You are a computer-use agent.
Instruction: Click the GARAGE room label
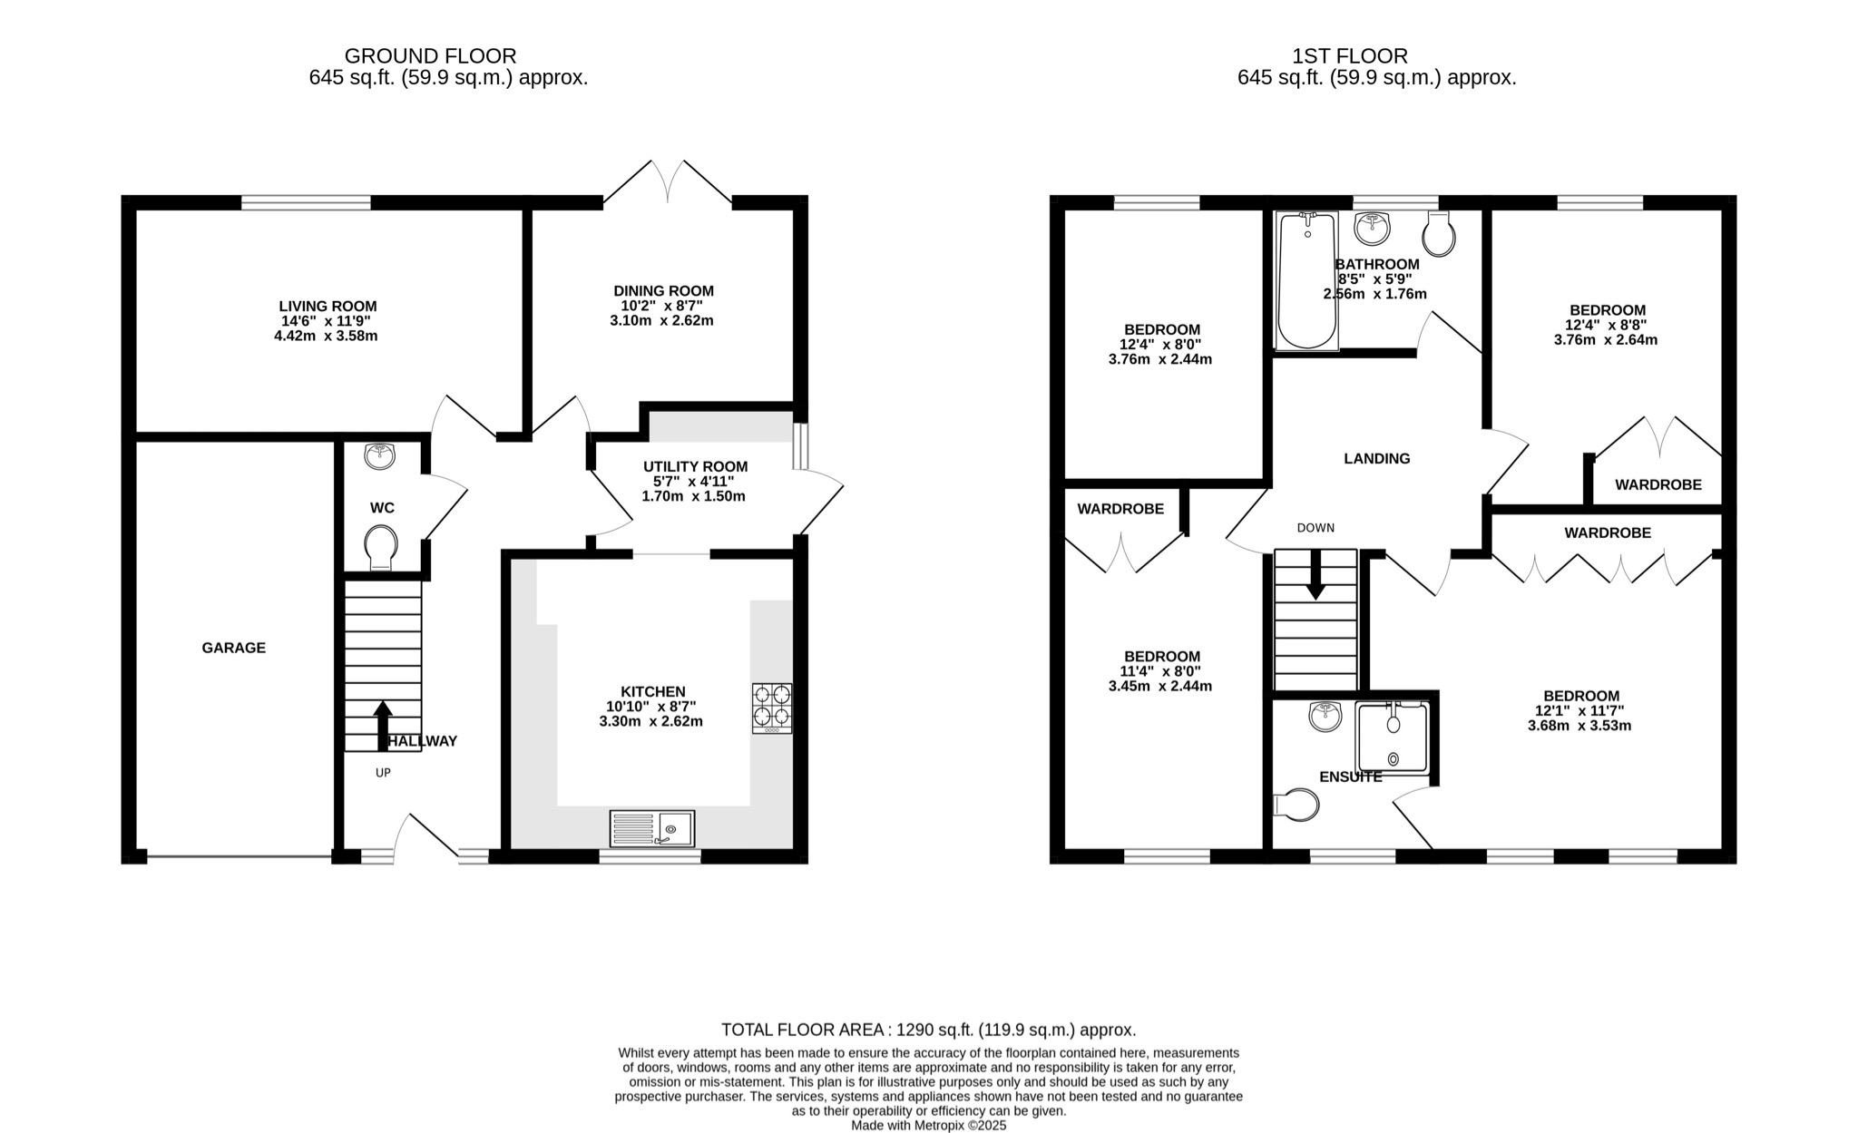233,648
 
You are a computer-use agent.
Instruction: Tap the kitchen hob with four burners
771,708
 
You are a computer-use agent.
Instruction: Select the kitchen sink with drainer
652,828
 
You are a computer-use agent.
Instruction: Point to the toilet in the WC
381,549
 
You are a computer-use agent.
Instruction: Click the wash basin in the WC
379,456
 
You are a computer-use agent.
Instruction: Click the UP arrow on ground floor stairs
383,726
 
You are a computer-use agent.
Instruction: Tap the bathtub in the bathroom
1306,281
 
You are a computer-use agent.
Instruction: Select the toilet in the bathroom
1439,234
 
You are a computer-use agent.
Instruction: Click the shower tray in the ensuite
1393,737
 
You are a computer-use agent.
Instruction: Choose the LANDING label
1376,459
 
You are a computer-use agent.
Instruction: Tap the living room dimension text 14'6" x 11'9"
327,321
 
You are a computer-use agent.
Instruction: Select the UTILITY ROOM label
695,466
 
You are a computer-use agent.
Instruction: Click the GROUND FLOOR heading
430,56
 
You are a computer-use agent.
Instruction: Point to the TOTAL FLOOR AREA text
928,1030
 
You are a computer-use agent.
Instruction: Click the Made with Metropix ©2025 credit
928,1125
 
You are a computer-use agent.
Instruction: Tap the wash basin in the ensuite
1325,718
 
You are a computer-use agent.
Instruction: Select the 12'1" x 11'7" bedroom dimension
1579,711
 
